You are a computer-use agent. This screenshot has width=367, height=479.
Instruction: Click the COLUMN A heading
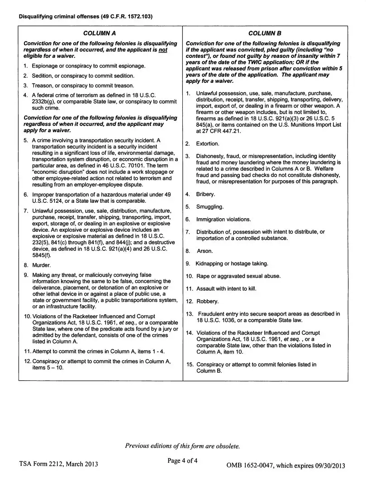point(100,33)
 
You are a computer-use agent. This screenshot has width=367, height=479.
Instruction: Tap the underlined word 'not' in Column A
point(163,50)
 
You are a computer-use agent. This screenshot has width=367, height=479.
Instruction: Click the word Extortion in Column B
point(207,144)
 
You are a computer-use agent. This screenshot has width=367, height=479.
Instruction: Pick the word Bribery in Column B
point(205,194)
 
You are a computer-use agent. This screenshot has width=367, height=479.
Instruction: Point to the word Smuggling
point(210,207)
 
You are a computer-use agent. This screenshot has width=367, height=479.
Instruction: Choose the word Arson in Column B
point(205,251)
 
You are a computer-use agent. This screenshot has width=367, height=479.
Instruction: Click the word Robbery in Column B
point(207,302)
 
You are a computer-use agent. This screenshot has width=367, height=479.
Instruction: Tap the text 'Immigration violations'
point(223,220)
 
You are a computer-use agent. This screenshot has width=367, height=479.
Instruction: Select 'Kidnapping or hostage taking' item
point(232,263)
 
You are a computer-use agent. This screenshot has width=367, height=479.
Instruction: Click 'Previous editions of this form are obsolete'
point(182,446)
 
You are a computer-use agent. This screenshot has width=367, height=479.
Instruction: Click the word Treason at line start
point(42,86)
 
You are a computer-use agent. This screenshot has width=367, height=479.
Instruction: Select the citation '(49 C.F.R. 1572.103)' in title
point(127,17)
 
